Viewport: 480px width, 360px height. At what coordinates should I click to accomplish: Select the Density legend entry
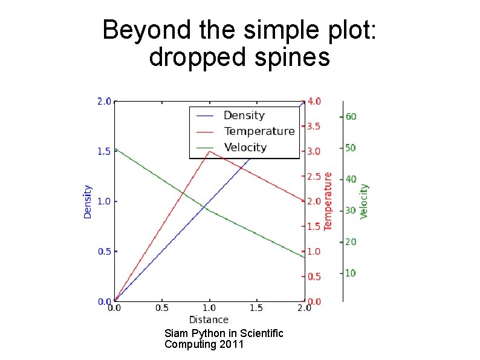point(244,116)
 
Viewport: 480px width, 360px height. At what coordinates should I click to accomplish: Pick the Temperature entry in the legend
point(259,131)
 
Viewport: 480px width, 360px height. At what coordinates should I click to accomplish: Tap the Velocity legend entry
point(245,148)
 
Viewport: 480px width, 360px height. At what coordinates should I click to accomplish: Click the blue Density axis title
point(88,201)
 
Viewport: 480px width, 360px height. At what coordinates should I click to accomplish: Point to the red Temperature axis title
point(328,200)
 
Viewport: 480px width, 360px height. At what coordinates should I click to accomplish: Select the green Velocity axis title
point(364,201)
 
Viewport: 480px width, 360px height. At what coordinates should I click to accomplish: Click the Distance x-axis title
point(209,319)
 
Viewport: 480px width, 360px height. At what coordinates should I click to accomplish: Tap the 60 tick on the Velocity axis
point(351,116)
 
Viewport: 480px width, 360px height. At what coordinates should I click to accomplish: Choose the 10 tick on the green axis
point(351,273)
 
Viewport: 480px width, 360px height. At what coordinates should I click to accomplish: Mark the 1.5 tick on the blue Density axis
point(104,151)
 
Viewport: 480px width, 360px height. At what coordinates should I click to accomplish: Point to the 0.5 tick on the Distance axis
point(161,308)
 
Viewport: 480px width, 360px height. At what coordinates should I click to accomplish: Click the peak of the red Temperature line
point(209,151)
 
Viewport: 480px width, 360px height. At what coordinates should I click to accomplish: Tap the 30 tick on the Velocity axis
point(351,211)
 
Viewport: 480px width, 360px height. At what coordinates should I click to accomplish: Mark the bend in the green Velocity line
point(209,211)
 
